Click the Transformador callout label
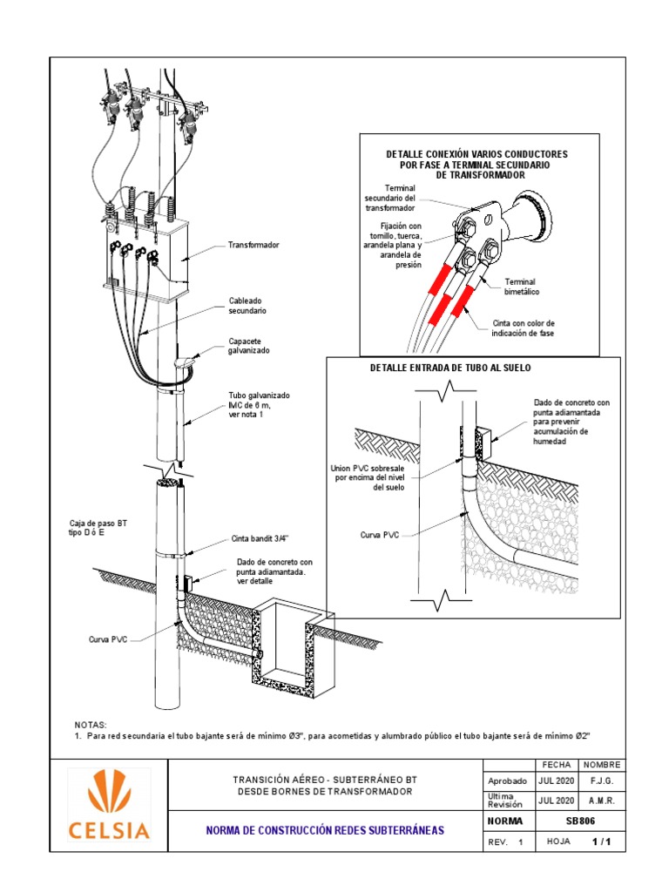pyautogui.click(x=253, y=246)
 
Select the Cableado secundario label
pyautogui.click(x=247, y=304)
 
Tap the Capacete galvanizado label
pyautogui.click(x=249, y=345)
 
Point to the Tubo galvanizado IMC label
pyautogui.click(x=259, y=404)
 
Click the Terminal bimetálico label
pyautogui.click(x=523, y=287)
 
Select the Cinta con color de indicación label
pyautogui.click(x=523, y=328)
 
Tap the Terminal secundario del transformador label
pyautogui.click(x=389, y=198)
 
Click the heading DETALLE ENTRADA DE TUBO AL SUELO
pyautogui.click(x=450, y=368)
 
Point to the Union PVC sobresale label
pyautogui.click(x=368, y=477)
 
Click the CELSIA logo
pyautogui.click(x=107, y=805)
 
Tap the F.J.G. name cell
pyautogui.click(x=601, y=781)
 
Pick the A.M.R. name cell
pyautogui.click(x=601, y=801)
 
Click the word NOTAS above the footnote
pyautogui.click(x=91, y=724)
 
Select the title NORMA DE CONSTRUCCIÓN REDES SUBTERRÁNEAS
pyautogui.click(x=324, y=831)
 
